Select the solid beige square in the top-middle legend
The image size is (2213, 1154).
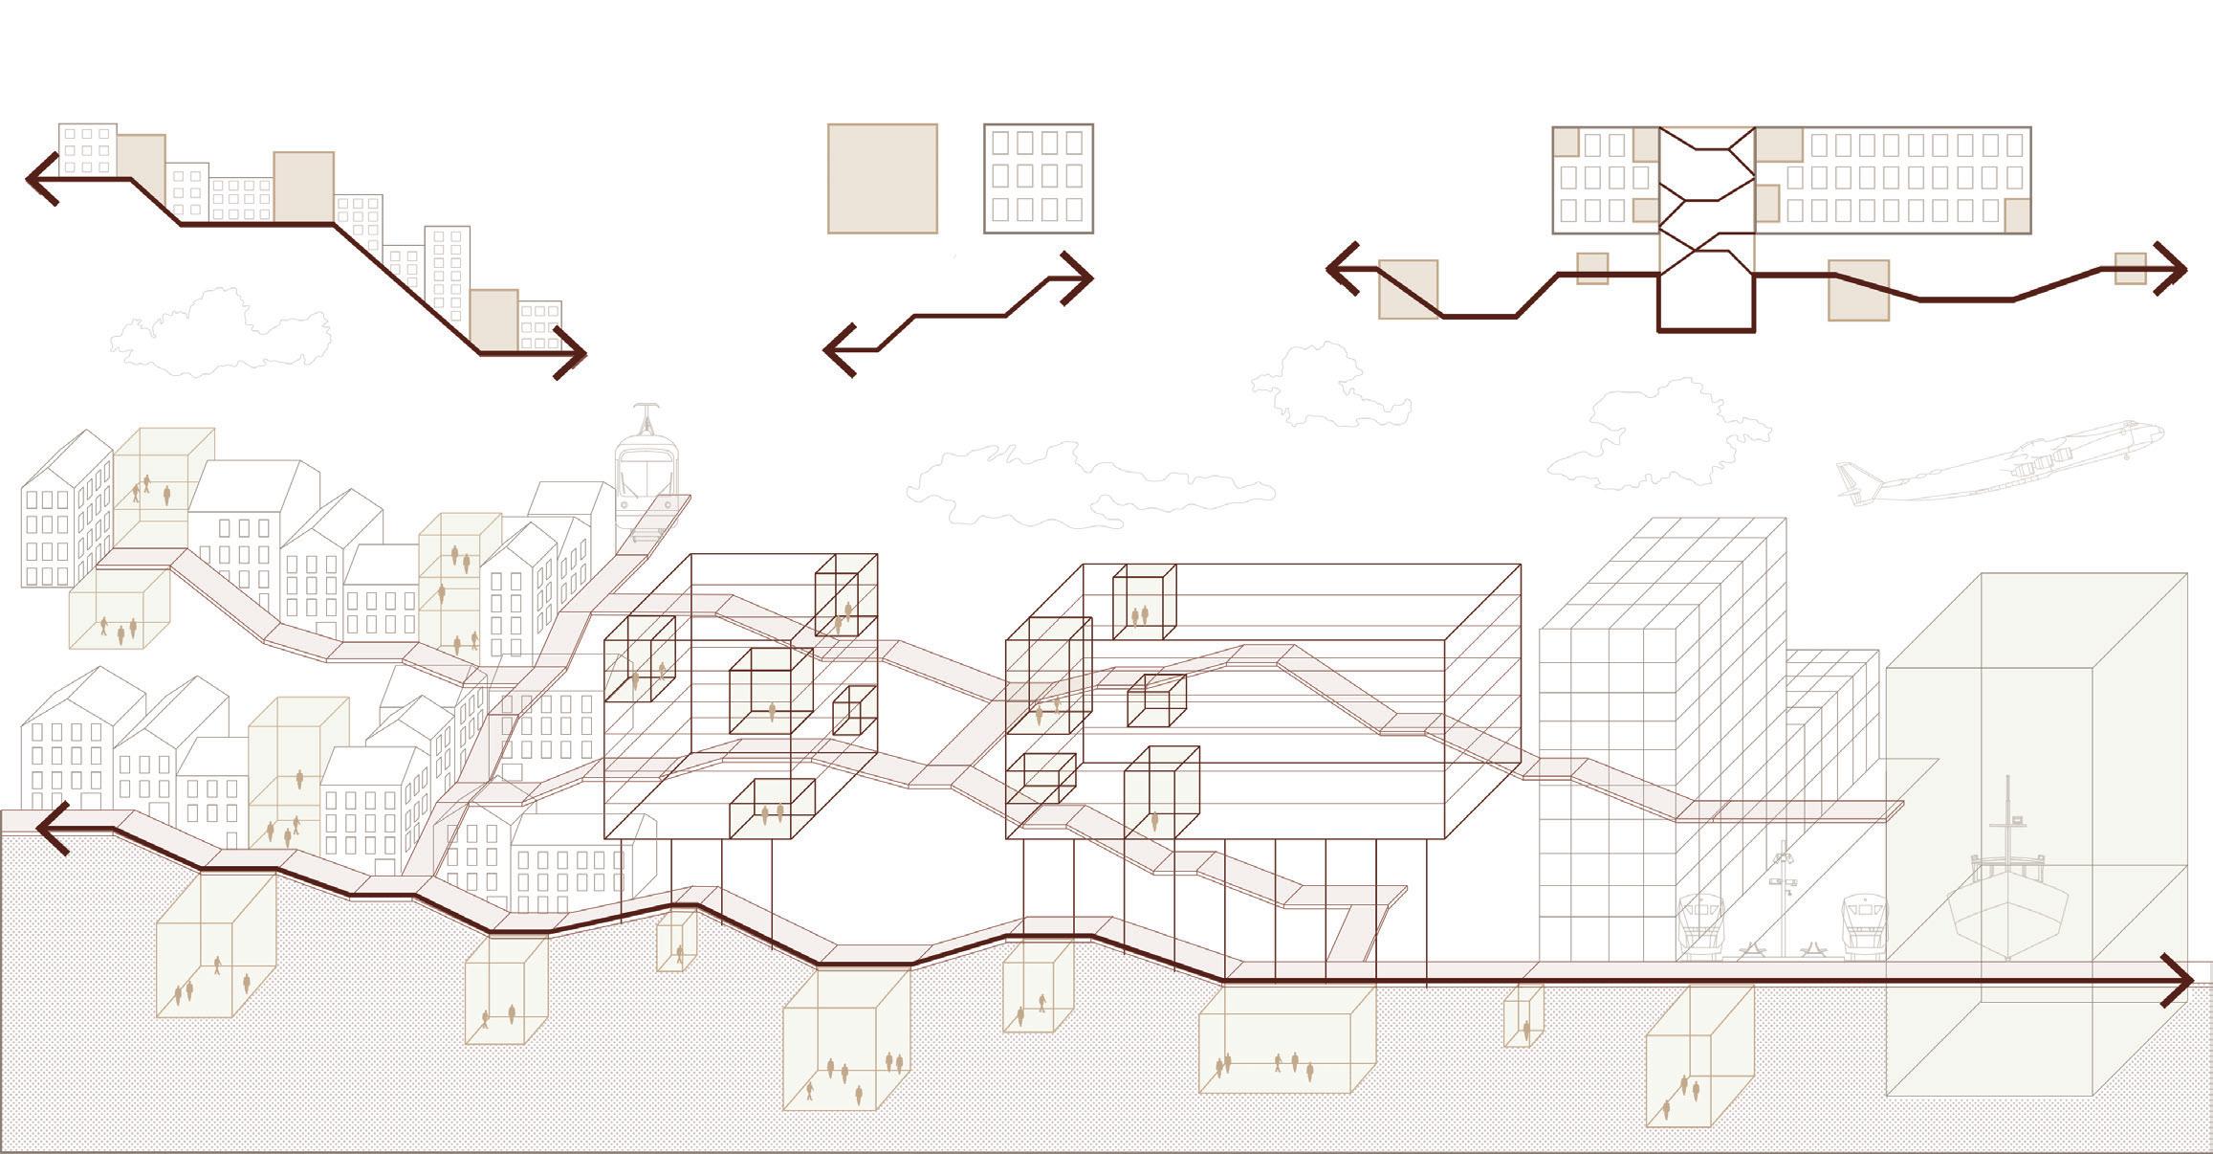pos(882,178)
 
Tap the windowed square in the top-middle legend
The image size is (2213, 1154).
pos(1038,178)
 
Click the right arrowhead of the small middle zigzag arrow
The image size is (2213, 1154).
pos(1081,278)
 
